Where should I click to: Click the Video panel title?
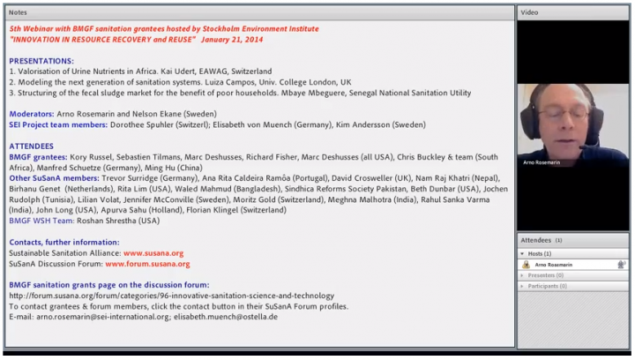pyautogui.click(x=530, y=12)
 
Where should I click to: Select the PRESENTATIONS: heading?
pyautogui.click(x=42, y=61)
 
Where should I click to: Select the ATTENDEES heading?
pyautogui.click(x=31, y=146)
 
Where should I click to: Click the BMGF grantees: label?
pyautogui.click(x=38, y=156)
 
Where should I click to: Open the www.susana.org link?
pyautogui.click(x=153, y=253)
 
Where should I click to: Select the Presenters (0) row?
pyautogui.click(x=547, y=275)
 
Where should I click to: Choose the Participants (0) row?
pyautogui.click(x=549, y=286)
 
